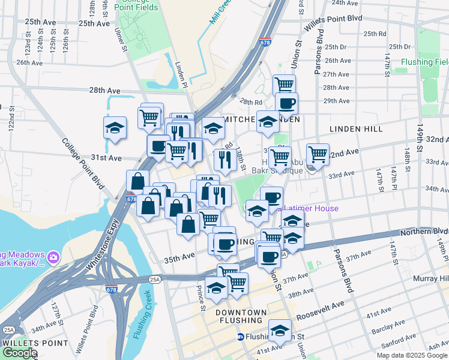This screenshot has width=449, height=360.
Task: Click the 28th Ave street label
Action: (105, 90)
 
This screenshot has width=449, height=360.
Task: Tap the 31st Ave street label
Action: (106, 158)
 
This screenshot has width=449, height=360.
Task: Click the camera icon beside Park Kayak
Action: (53, 257)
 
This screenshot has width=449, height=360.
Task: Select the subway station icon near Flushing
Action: (240, 337)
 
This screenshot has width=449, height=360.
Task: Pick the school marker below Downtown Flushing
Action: (280, 330)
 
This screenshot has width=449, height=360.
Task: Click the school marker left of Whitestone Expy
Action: (115, 128)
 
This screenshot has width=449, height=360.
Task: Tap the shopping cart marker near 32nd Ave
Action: (318, 154)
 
